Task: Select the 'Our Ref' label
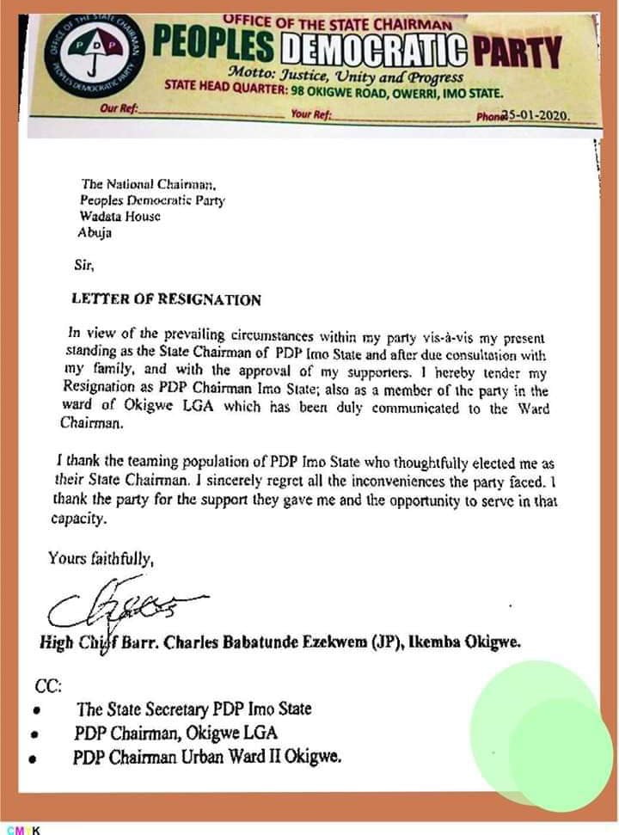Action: (120, 110)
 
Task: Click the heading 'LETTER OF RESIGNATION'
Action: (166, 300)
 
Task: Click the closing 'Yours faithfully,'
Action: (101, 559)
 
